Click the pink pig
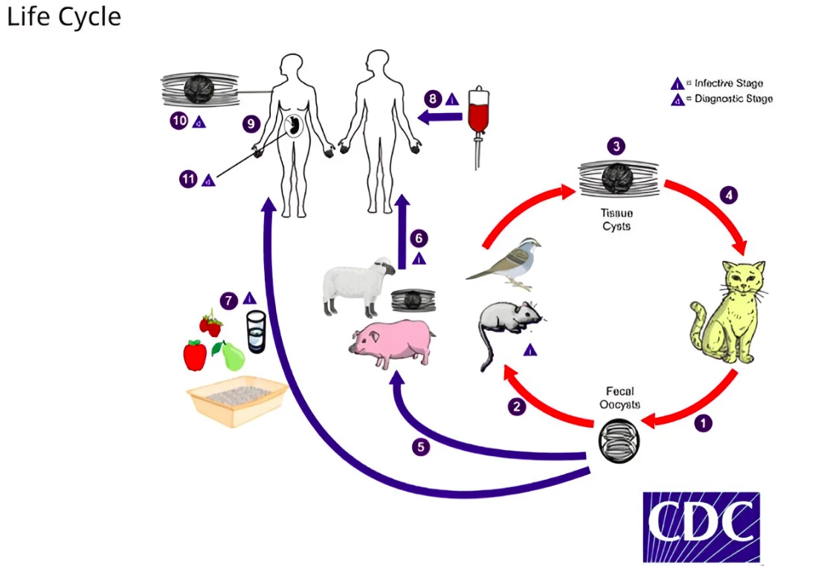click(x=390, y=342)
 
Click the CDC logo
click(x=701, y=526)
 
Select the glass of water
click(x=256, y=331)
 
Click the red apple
click(x=195, y=355)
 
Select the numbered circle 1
click(x=702, y=423)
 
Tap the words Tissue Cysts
click(x=617, y=219)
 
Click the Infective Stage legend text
click(x=728, y=83)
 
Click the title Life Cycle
click(x=63, y=17)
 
